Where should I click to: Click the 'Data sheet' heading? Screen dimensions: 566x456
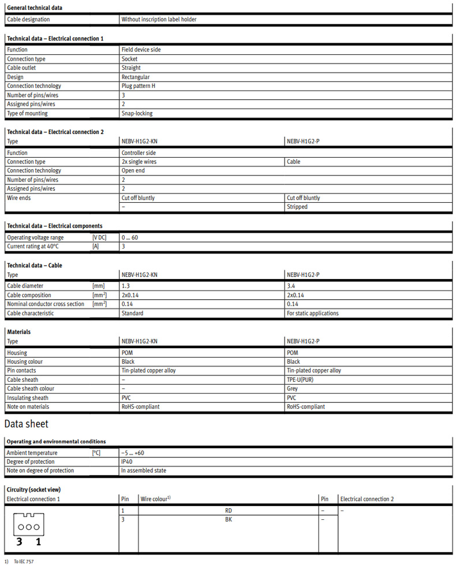pos(26,425)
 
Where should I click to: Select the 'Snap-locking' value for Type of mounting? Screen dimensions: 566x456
pos(137,113)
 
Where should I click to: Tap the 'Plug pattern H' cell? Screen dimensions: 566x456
pos(138,86)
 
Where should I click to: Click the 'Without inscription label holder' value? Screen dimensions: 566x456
pos(159,20)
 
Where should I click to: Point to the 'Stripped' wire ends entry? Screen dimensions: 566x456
pos(297,207)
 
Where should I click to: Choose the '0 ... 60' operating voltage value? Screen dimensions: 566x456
pos(130,238)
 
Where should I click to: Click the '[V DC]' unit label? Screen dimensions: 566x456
pos(99,238)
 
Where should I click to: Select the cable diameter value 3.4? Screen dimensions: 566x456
pos(291,286)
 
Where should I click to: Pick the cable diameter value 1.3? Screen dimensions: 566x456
pos(125,286)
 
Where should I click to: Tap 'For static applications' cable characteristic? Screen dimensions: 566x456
pos(312,313)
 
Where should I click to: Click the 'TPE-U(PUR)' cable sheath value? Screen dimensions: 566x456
pos(302,380)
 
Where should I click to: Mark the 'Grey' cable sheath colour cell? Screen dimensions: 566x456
pos(293,389)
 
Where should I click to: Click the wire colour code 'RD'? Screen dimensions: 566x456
pos(229,511)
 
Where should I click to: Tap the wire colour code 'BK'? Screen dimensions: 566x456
pos(229,519)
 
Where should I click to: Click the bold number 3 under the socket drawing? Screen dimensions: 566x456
pos(19,542)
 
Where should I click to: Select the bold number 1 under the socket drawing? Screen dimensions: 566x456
pos(39,542)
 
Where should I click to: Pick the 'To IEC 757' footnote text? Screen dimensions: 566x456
pos(24,561)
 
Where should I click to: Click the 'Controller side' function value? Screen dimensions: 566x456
pos(139,153)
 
